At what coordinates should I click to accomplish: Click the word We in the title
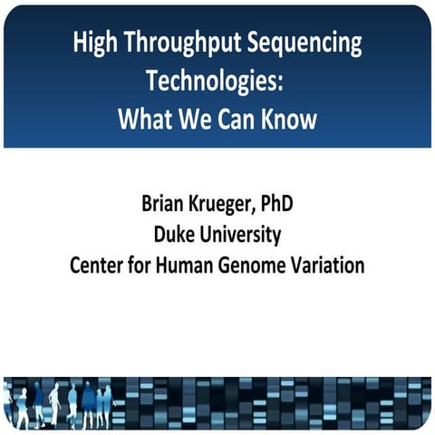193,119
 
